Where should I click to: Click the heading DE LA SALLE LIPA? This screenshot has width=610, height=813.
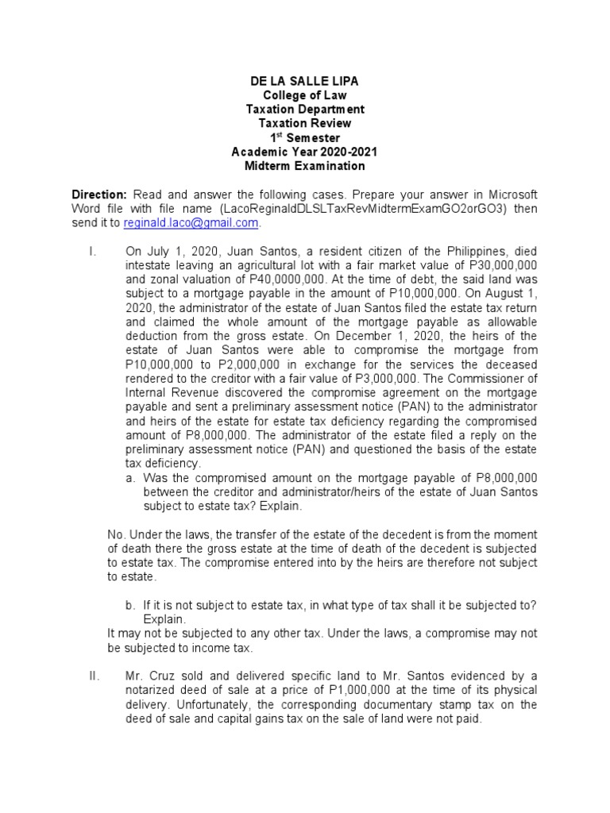tap(304, 82)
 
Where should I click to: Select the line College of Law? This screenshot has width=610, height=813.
tap(304, 95)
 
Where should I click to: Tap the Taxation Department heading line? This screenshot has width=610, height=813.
tap(304, 110)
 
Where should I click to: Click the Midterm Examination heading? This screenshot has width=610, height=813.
tap(304, 166)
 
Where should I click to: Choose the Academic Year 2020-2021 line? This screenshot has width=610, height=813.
tap(304, 152)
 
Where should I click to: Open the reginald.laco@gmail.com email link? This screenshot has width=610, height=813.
tap(190, 223)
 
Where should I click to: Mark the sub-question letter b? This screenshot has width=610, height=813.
tap(130, 605)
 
